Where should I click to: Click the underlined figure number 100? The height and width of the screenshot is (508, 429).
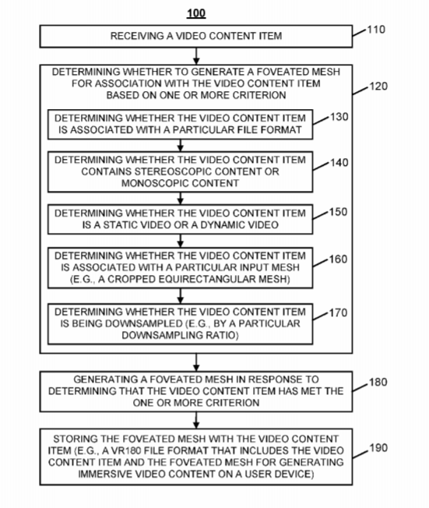click(196, 13)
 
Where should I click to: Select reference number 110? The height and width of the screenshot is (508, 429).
click(376, 30)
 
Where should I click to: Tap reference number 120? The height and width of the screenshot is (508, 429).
click(378, 86)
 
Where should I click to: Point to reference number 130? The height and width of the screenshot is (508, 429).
click(339, 117)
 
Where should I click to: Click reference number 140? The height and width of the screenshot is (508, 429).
click(339, 162)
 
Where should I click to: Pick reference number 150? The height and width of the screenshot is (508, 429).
click(339, 212)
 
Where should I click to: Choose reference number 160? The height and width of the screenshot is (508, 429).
click(339, 259)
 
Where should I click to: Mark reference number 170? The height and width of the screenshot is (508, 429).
click(339, 312)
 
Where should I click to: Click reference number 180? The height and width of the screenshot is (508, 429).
click(378, 382)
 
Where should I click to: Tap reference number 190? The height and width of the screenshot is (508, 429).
click(378, 448)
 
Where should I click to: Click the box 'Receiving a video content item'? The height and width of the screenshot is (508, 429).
click(196, 37)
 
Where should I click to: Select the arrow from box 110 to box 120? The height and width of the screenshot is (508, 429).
click(196, 56)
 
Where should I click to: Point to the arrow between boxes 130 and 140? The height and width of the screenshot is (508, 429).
click(181, 146)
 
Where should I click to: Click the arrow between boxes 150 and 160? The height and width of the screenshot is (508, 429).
click(181, 241)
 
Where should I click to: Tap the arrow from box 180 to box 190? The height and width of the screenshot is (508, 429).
click(196, 420)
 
